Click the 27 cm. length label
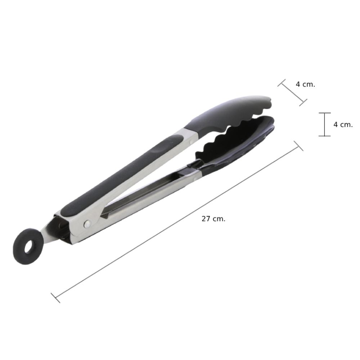click(213, 219)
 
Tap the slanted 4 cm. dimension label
click(305, 84)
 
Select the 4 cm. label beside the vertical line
click(343, 125)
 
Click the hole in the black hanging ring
click(29, 247)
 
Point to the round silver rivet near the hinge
click(87, 224)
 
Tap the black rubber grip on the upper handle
click(122, 176)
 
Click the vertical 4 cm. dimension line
click(324, 125)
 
